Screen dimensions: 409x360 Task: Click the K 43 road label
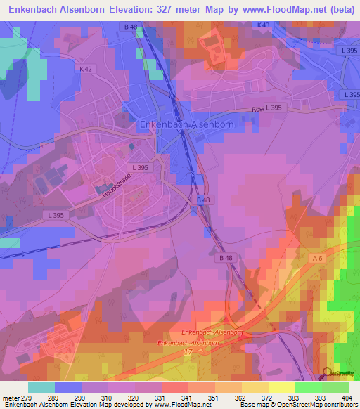coord(263,25)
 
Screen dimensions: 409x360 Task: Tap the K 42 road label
coord(86,69)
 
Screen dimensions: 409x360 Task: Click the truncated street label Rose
coord(258,110)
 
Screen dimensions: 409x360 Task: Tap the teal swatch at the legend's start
coord(41,387)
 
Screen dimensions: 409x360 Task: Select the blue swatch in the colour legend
coord(68,387)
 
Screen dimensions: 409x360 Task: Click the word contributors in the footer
coord(340,405)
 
